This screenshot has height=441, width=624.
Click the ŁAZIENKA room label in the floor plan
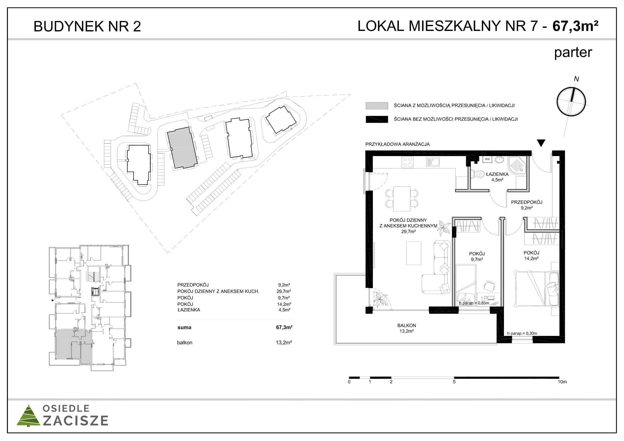click(x=497, y=174)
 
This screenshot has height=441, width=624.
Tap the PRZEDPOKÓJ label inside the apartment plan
click(x=527, y=202)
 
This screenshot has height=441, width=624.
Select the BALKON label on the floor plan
click(x=407, y=325)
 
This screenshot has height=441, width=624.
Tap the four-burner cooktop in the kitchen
click(x=407, y=162)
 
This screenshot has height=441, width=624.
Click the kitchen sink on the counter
click(x=433, y=162)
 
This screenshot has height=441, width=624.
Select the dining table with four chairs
click(x=402, y=199)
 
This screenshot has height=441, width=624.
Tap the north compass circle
click(x=571, y=102)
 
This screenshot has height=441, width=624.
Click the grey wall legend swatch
click(x=377, y=106)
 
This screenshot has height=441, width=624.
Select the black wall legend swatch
click(x=377, y=119)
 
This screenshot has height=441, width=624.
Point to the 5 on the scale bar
click(x=454, y=382)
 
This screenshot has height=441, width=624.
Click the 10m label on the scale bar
click(x=562, y=382)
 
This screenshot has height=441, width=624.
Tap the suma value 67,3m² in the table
click(x=284, y=327)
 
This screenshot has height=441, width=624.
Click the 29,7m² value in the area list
click(x=284, y=291)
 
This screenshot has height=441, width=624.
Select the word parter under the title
click(x=573, y=53)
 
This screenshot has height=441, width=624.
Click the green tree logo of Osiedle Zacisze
click(x=28, y=416)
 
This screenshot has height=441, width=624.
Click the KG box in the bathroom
click(x=487, y=159)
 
